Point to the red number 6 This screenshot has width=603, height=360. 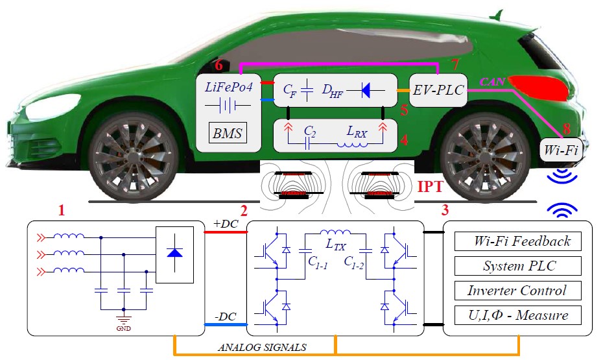coord(219,65)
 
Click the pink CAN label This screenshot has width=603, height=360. coord(489,82)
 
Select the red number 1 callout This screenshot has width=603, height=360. coord(62,211)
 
